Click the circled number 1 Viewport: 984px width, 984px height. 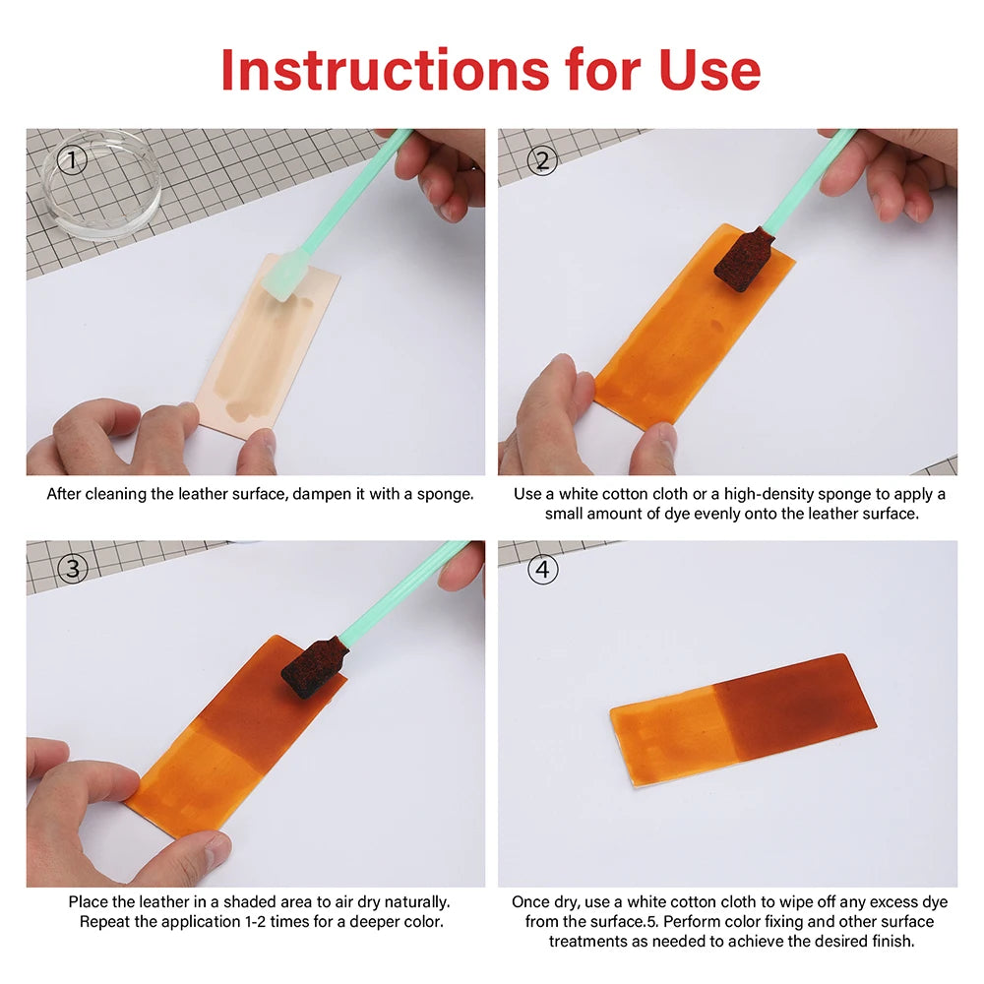[72, 160]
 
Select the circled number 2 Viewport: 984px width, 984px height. [542, 160]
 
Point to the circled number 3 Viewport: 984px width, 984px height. [73, 569]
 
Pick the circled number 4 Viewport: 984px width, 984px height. [542, 569]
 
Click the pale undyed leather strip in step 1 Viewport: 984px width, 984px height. [268, 346]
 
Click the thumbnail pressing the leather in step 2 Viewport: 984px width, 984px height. [659, 435]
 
